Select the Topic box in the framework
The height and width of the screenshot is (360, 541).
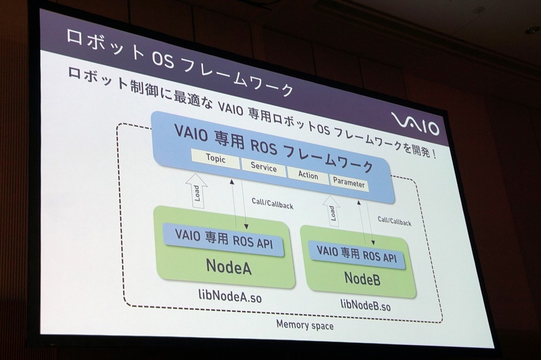[x=216, y=159]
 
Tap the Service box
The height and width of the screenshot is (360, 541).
[x=264, y=167]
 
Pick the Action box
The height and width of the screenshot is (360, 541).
[x=308, y=175]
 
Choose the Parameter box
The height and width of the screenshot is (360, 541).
[x=349, y=183]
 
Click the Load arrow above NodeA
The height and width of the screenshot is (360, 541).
[x=196, y=191]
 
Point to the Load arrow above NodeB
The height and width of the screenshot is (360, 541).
[x=331, y=210]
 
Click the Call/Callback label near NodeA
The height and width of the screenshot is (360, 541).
[x=273, y=204]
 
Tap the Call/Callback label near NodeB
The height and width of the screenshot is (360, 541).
[x=395, y=221]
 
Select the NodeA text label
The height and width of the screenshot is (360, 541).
[x=229, y=267]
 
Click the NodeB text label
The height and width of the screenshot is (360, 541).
[x=362, y=279]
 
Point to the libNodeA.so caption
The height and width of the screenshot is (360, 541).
[x=230, y=296]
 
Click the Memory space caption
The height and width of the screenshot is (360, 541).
[x=305, y=325]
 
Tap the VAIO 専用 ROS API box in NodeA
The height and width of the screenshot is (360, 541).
[x=224, y=240]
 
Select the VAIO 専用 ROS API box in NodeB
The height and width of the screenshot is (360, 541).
[x=356, y=255]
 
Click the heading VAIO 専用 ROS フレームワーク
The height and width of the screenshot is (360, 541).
[x=274, y=148]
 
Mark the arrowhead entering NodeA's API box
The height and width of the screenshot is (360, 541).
[x=246, y=227]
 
